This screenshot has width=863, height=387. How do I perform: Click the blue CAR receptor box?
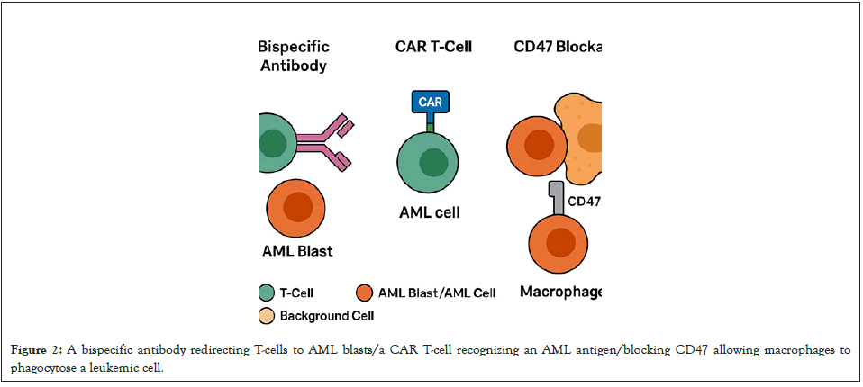(x=430, y=103)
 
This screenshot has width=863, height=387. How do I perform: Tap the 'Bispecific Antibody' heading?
(x=294, y=56)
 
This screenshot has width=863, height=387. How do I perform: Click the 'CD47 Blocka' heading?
(x=557, y=46)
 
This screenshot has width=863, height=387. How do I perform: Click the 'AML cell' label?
(x=430, y=213)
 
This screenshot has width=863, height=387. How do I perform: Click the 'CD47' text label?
(x=584, y=200)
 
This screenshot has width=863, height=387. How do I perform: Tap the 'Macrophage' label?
(x=560, y=292)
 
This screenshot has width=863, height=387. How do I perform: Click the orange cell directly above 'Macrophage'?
(x=559, y=243)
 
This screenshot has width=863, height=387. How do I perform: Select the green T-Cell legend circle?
(x=266, y=292)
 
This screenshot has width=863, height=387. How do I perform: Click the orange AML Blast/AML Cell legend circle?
(x=364, y=292)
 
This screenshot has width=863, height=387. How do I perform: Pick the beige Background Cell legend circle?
(x=266, y=316)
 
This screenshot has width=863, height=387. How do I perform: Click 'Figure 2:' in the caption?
(x=36, y=350)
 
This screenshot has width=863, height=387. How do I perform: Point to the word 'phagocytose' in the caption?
(x=41, y=367)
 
